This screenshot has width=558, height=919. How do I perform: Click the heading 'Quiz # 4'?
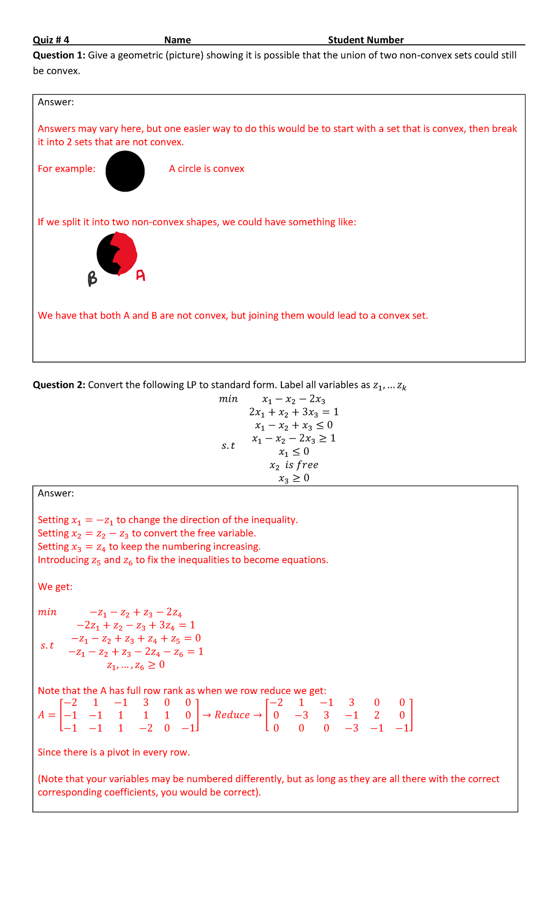[x=51, y=40]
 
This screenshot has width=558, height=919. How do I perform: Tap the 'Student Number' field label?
[x=365, y=40]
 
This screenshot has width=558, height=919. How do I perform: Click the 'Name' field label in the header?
[x=178, y=40]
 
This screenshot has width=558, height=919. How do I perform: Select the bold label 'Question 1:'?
[x=59, y=55]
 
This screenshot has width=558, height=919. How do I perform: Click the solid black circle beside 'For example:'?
[x=125, y=171]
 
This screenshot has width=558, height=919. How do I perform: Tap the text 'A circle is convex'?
[x=206, y=169]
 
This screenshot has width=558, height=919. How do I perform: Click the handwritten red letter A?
[x=140, y=276]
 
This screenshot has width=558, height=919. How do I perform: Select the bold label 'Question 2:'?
[x=59, y=385]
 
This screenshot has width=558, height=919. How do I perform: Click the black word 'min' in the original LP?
[x=228, y=399]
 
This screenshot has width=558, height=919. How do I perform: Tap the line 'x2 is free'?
[x=294, y=465]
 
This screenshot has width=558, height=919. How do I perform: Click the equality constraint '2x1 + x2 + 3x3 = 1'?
[x=294, y=412]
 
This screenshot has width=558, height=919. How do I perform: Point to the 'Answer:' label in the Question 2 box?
[x=56, y=493]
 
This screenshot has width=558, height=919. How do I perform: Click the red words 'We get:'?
[x=55, y=587]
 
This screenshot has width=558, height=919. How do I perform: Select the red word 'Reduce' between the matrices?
[x=232, y=715]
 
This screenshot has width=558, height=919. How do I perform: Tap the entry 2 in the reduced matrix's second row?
[x=377, y=715]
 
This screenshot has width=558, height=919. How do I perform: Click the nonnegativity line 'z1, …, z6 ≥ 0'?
[x=136, y=665]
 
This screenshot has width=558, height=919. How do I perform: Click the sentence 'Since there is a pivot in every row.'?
[x=114, y=753]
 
